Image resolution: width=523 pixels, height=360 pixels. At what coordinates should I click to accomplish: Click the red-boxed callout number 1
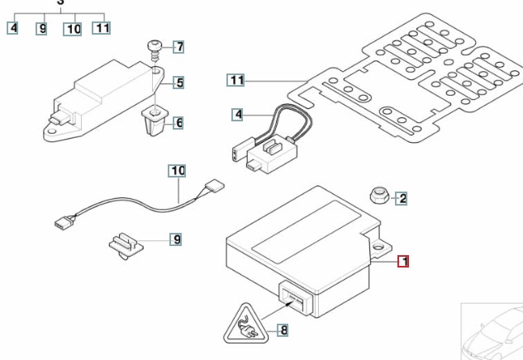[403, 263]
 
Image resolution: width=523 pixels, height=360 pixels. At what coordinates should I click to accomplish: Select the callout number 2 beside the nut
[402, 198]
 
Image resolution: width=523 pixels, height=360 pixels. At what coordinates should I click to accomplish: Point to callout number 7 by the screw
[178, 46]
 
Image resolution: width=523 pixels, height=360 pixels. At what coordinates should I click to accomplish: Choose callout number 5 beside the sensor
[178, 83]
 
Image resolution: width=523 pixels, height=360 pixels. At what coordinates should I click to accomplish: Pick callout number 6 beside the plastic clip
[178, 124]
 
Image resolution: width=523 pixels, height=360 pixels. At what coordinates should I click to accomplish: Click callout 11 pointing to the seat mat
[237, 81]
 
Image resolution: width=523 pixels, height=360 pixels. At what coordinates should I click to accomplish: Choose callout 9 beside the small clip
[176, 240]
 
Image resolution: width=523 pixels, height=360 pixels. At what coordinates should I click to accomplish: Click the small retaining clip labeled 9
[125, 244]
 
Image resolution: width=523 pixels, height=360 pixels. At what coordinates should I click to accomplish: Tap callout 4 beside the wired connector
[238, 115]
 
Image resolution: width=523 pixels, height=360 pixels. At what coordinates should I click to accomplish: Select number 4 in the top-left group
[12, 28]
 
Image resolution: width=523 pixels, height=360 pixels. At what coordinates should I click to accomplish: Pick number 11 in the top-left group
[101, 28]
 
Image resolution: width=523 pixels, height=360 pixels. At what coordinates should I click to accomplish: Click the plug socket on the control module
[294, 296]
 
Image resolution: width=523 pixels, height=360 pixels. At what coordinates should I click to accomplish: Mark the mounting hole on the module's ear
[383, 245]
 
